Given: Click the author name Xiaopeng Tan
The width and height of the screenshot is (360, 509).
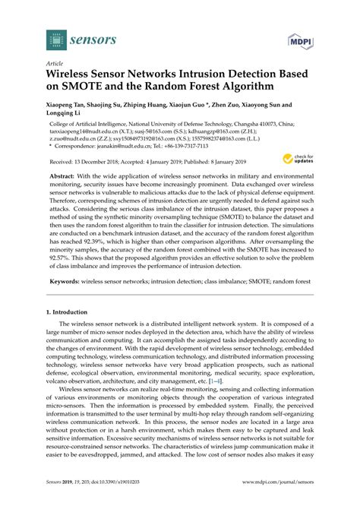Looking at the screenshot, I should (71, 106).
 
